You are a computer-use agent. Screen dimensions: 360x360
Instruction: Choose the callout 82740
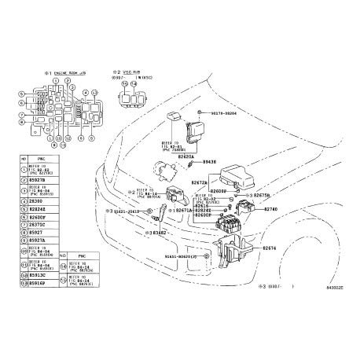coord(271,210)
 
